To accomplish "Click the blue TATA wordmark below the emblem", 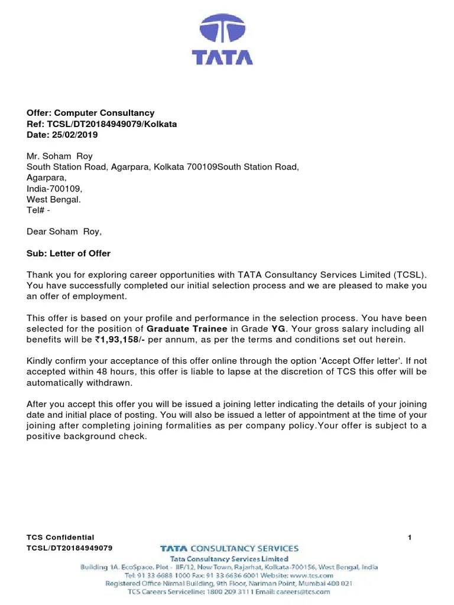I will [222, 57].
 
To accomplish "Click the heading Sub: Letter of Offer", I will [69, 253].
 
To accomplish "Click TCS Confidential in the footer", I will [60, 537].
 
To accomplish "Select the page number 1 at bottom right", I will [410, 537].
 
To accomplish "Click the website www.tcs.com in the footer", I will [312, 575].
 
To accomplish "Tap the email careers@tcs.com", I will [306, 591].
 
